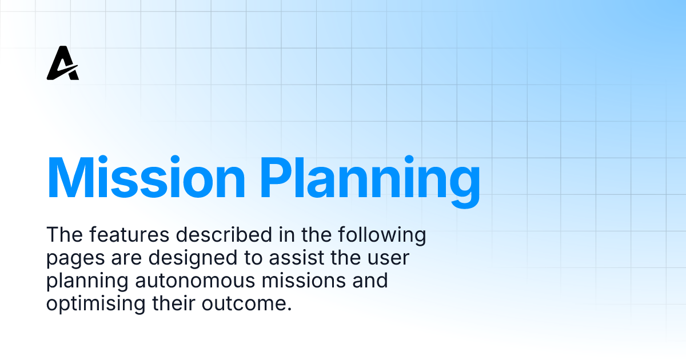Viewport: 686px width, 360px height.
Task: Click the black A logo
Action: (x=63, y=63)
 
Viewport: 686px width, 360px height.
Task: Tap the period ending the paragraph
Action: (x=289, y=309)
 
